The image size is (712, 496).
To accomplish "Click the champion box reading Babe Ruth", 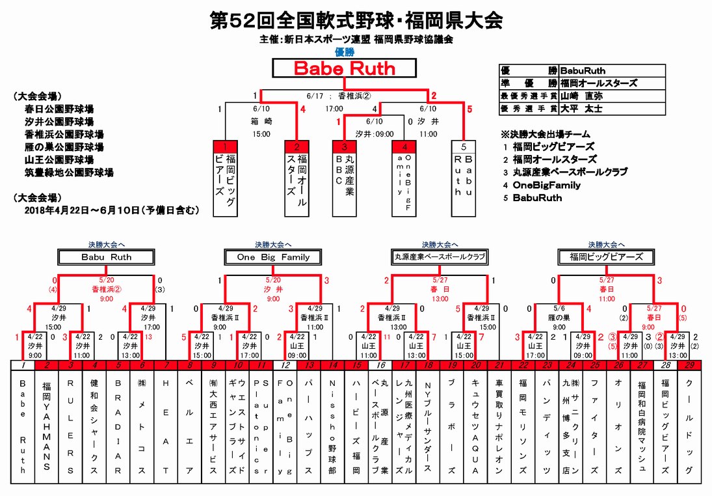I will [344, 68].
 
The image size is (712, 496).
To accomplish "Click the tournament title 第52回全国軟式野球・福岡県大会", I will [356, 21].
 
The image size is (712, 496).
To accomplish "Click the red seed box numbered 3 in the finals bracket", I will [344, 146].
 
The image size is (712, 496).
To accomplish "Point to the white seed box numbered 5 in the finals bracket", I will [463, 146].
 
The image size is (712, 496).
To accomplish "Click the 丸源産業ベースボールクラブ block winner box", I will [440, 257].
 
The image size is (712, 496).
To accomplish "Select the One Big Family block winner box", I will [273, 257].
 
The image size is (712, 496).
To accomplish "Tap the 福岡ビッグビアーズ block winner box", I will [606, 257].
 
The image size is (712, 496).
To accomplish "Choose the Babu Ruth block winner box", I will [107, 257].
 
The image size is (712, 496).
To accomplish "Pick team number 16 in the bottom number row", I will [382, 365].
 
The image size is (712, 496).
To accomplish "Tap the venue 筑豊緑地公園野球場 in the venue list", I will [69, 172].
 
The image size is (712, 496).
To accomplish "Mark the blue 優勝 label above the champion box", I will [344, 52].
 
